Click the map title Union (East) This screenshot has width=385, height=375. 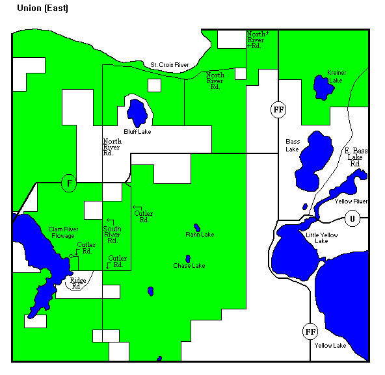click(x=42, y=8)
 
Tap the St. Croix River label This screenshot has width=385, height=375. click(x=169, y=65)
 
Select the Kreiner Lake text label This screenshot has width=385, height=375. click(x=337, y=76)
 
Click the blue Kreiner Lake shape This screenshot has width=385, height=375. click(x=320, y=86)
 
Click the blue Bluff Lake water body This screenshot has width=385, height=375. click(x=137, y=113)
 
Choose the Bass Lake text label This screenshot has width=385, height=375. click(x=293, y=145)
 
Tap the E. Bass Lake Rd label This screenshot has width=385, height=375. click(x=356, y=157)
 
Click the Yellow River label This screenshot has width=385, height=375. click(x=351, y=201)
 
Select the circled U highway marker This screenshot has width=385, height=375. click(x=352, y=218)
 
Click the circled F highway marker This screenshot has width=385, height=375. click(x=69, y=183)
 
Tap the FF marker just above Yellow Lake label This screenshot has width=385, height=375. click(x=310, y=331)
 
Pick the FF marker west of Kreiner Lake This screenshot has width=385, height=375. click(x=278, y=109)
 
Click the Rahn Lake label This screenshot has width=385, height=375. click(x=200, y=234)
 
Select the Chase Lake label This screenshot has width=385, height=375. click(x=189, y=266)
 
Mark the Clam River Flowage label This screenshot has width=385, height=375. click(x=62, y=232)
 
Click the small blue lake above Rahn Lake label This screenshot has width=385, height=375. click(x=196, y=227)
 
